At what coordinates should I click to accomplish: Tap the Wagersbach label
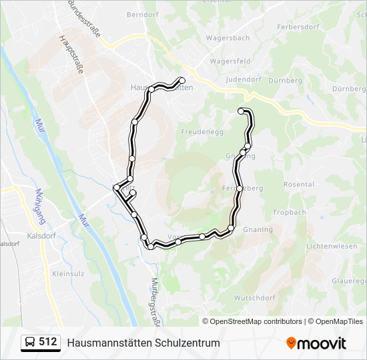click(x=228, y=38)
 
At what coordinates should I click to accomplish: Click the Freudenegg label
click(x=201, y=132)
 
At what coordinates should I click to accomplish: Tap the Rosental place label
click(x=298, y=185)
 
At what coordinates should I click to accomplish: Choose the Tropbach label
click(x=289, y=213)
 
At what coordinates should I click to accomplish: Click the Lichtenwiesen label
click(x=331, y=246)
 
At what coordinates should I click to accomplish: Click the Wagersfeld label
click(x=230, y=61)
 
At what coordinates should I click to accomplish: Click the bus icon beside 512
click(x=30, y=342)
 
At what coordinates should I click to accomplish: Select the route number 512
click(x=47, y=342)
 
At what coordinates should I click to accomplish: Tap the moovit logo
click(x=316, y=343)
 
